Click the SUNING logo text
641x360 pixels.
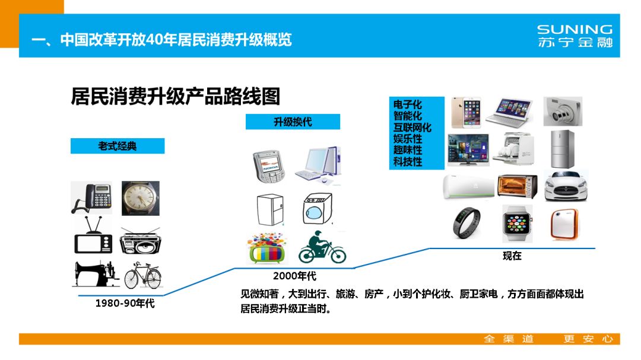[x=574, y=29]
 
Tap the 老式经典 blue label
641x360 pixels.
[x=118, y=146]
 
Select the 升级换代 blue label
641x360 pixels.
[x=293, y=122]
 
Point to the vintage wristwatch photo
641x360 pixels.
[x=140, y=198]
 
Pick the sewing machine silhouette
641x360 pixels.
[x=93, y=275]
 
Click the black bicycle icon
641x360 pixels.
[x=142, y=276]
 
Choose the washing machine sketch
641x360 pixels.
[x=318, y=208]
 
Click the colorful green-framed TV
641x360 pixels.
[x=267, y=248]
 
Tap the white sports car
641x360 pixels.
[x=566, y=186]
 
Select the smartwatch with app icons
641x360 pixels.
[x=517, y=224]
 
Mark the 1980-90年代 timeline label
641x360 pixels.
[x=125, y=304]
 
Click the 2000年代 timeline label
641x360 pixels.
[x=294, y=276]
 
